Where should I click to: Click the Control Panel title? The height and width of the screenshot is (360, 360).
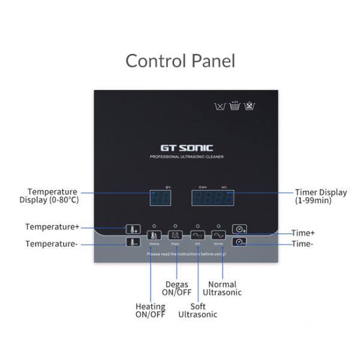(x=180, y=61)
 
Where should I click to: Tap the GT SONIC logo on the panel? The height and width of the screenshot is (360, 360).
(x=185, y=147)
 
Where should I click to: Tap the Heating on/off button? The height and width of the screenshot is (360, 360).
(x=154, y=235)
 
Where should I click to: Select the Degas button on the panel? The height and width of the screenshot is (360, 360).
(x=175, y=235)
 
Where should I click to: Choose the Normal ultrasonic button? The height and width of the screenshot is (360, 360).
(x=218, y=235)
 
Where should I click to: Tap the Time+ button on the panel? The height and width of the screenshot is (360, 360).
(x=239, y=229)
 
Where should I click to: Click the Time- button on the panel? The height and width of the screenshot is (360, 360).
(x=239, y=242)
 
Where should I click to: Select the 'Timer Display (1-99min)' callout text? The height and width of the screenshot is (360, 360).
(x=320, y=196)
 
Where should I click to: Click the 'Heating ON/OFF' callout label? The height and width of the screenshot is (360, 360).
(x=150, y=310)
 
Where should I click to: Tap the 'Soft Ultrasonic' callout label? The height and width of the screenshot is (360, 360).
(x=198, y=310)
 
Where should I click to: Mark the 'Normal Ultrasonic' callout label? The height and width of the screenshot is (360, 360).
(x=222, y=289)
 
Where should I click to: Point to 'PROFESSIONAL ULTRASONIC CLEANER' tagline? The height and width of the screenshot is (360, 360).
(x=185, y=157)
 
